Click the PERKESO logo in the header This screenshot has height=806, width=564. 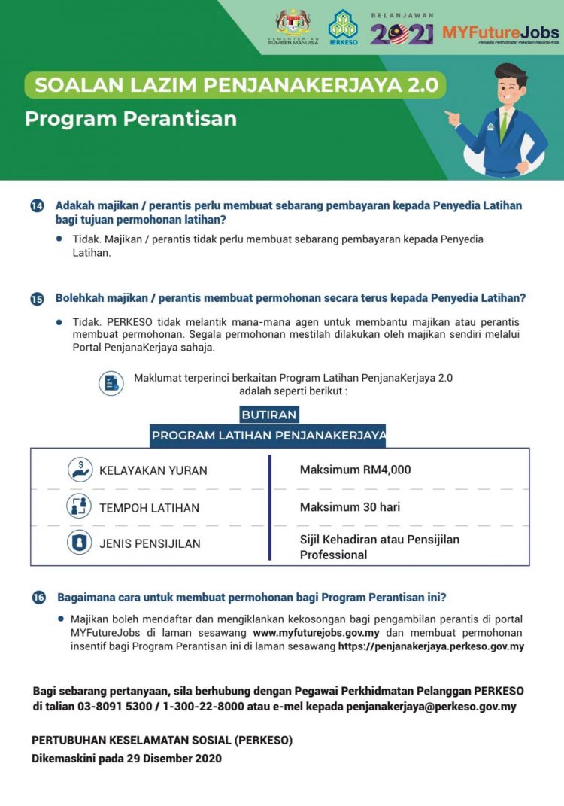344,28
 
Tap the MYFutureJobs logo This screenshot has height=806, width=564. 501,33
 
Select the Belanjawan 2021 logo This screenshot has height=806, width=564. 402,29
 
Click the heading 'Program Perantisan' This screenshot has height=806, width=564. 131,119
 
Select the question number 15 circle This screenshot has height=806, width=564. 37,299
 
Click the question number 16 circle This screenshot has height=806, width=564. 38,598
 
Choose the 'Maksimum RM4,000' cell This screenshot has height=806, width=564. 355,470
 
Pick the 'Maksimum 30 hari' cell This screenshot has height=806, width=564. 350,507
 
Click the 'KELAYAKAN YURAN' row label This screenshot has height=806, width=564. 153,470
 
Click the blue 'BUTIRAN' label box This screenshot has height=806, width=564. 269,415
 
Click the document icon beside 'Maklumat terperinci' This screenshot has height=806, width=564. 111,383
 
